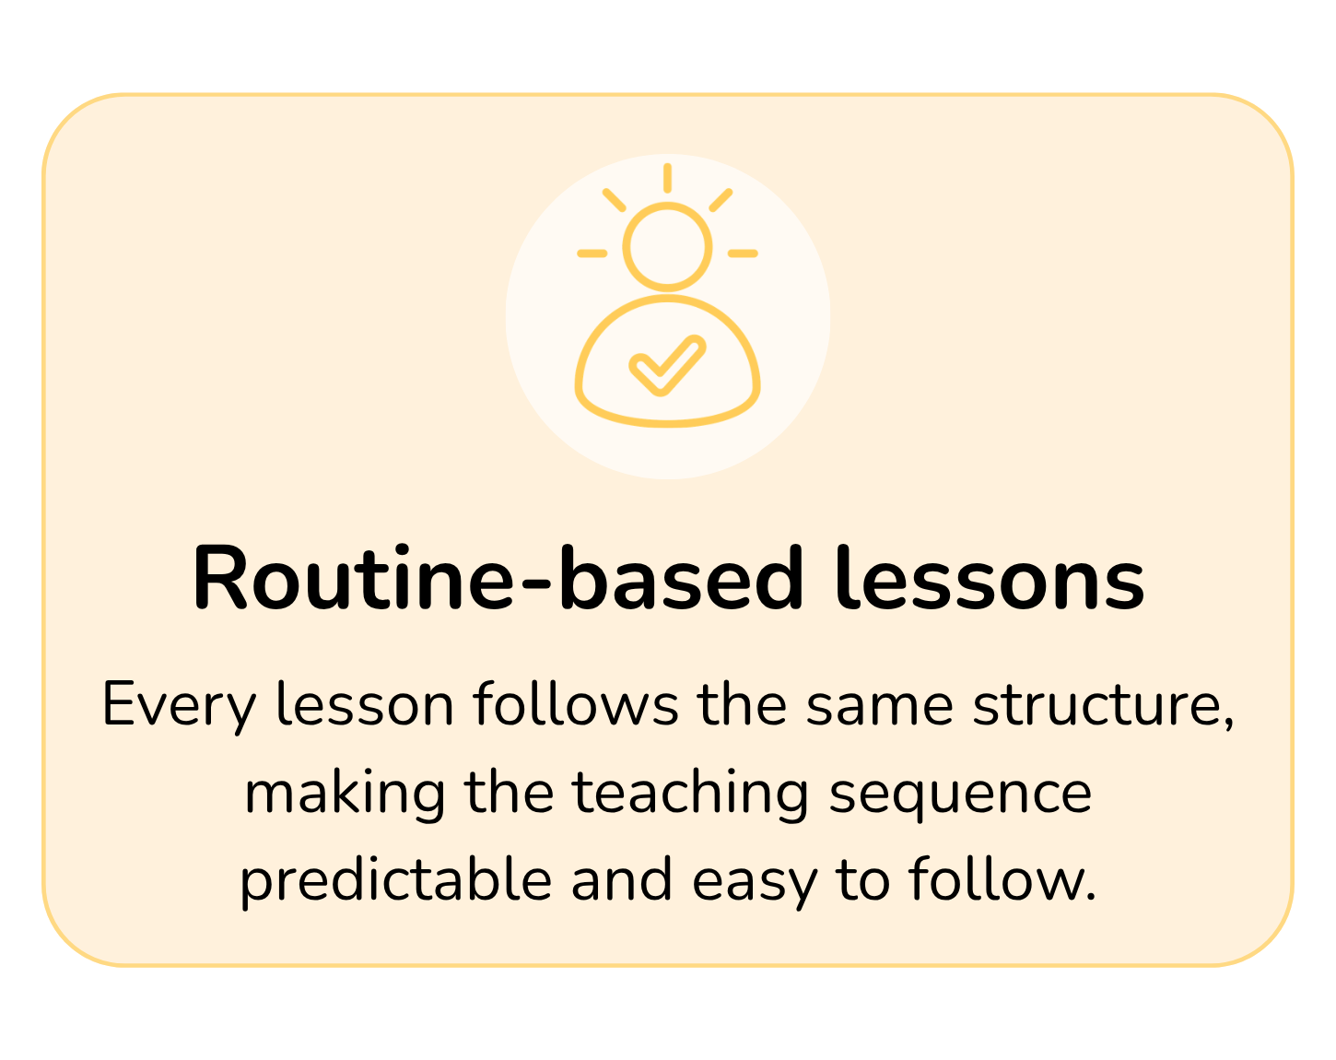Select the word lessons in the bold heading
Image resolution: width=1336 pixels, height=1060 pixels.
990,578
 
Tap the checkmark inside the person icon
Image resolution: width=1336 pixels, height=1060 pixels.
667,365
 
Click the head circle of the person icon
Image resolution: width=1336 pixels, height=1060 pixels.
667,246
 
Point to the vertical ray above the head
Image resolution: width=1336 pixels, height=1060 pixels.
667,178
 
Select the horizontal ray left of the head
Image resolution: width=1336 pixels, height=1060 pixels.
592,253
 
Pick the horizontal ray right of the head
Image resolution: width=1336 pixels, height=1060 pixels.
744,253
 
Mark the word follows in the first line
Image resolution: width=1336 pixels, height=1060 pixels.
576,704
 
